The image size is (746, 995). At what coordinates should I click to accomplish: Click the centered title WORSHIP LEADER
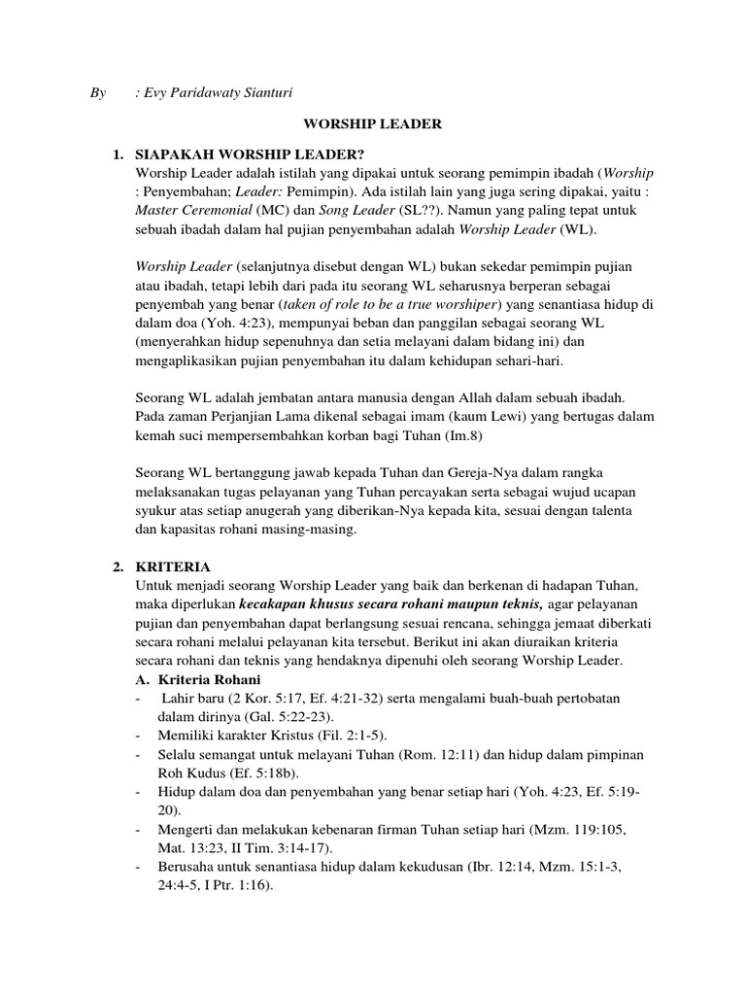coord(374,124)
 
